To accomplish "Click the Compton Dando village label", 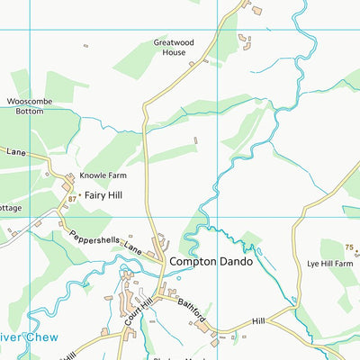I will point(211,262).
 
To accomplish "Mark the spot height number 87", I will point(72,199).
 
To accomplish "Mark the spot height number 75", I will point(349,247).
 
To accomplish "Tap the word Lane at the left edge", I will point(15,153).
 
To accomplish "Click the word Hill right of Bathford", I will point(259,320).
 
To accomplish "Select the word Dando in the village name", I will point(234,262).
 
